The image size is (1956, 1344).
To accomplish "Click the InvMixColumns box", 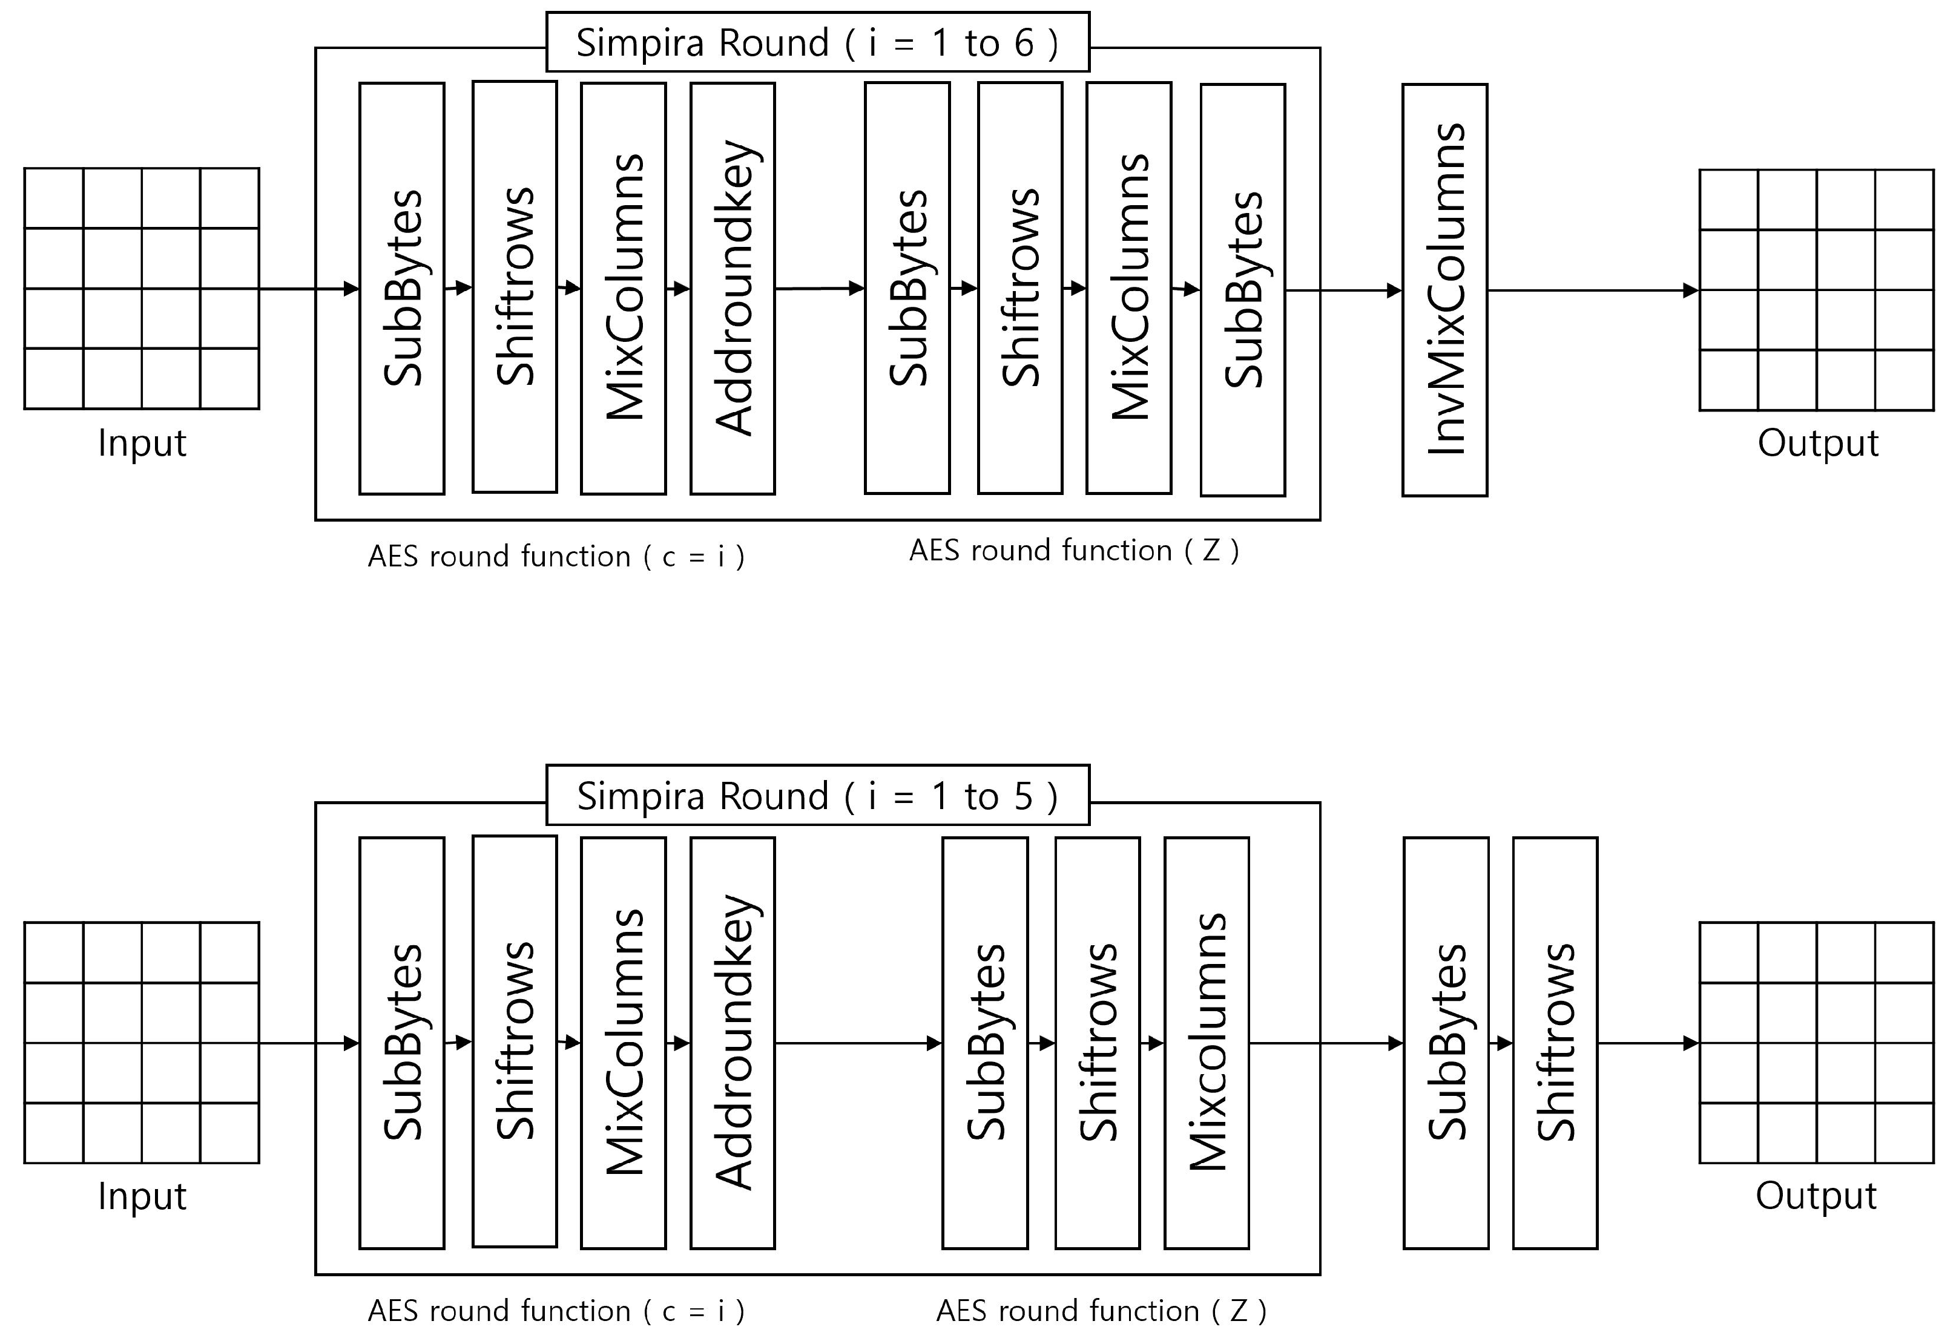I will click(x=1444, y=290).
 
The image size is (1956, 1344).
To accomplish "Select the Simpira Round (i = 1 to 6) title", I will click(x=817, y=42).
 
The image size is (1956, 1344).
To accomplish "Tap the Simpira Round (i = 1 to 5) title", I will click(x=817, y=795).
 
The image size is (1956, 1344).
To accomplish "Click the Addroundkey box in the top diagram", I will click(x=732, y=288).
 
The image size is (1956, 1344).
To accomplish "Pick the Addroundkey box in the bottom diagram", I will click(x=732, y=1043).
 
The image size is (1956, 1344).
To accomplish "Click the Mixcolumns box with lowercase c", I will click(x=1207, y=1043).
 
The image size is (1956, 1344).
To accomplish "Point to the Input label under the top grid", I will click(x=142, y=443).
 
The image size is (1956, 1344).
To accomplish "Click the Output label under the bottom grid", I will click(x=1816, y=1196).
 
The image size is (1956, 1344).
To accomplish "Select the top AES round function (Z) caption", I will click(x=1074, y=551).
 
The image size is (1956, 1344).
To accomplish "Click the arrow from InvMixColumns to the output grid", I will click(x=1592, y=290).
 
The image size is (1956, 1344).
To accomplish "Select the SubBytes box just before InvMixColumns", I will click(x=1242, y=290).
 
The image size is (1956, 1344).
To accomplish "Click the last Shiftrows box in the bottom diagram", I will click(x=1555, y=1043).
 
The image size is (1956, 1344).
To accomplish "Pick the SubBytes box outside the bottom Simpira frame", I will click(x=1446, y=1043).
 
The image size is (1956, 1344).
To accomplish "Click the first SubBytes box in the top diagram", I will click(x=402, y=288).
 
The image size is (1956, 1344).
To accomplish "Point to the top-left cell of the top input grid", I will click(x=54, y=198).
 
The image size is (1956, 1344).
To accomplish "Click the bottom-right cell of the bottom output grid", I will click(x=1904, y=1133).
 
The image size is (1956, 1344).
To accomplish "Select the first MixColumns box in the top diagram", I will click(x=624, y=288).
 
